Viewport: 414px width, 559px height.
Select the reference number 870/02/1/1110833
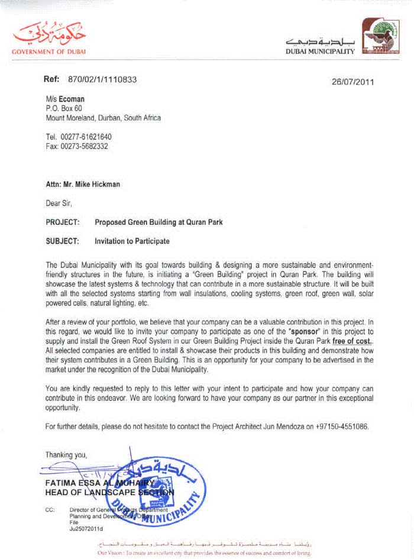coord(102,79)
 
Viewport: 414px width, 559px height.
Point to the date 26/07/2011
coord(353,82)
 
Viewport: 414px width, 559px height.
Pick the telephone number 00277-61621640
coord(86,137)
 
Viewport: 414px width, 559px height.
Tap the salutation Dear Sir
coord(59,203)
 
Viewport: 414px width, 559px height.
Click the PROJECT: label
coord(62,222)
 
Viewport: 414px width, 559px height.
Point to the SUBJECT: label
coord(62,241)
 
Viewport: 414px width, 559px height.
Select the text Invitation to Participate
coord(132,241)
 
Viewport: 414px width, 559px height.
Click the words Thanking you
coord(66,455)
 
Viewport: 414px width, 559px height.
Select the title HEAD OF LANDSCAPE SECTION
coord(109,492)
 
